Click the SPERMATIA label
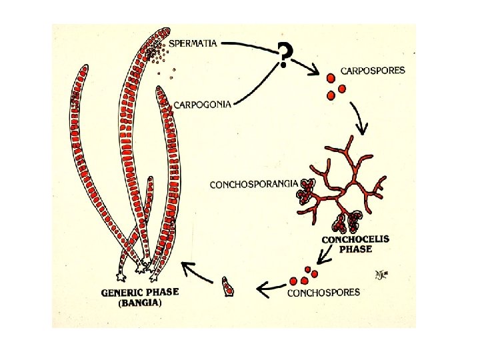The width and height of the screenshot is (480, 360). click(193, 43)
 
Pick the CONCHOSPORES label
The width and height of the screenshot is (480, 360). click(323, 292)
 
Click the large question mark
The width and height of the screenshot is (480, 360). click(285, 55)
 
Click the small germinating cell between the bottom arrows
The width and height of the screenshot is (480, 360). click(229, 289)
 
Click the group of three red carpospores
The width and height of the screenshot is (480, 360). click(335, 87)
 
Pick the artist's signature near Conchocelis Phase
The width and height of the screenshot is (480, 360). click(379, 275)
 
